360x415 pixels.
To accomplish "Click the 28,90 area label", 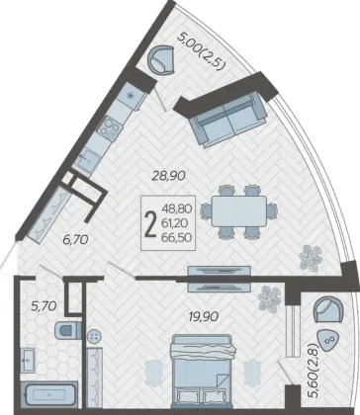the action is click(168, 176).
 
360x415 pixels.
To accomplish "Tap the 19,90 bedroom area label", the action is click(204, 316).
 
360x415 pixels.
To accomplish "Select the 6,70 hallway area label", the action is click(75, 239).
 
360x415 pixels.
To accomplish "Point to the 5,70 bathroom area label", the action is click(44, 306).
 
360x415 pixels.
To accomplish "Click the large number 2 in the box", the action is click(150, 223).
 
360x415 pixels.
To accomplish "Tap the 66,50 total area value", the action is click(177, 238).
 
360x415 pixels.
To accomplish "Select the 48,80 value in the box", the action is click(177, 208).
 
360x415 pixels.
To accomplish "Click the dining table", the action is click(239, 211).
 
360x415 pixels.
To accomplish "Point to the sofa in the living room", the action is click(228, 120).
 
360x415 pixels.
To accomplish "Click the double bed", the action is click(202, 371).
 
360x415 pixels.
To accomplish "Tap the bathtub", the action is click(49, 394).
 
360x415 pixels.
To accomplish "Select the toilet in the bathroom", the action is click(67, 330).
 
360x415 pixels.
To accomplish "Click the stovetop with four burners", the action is click(111, 128).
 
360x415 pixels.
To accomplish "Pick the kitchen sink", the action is click(86, 159).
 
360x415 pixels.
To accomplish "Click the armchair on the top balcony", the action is click(161, 59).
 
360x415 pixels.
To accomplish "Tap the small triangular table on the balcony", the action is click(328, 342).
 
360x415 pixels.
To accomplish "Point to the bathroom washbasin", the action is click(28, 361).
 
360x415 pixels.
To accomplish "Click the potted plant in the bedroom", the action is click(269, 299).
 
